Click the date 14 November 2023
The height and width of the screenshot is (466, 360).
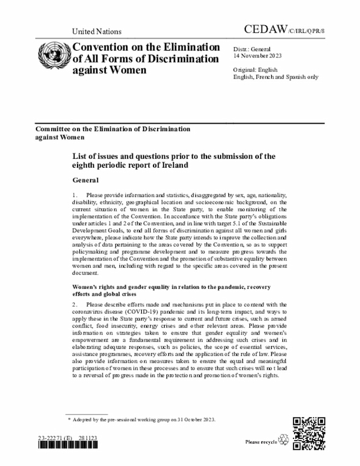(x=258, y=56)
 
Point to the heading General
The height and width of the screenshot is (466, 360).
(x=85, y=181)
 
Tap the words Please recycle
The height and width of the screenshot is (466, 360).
(x=261, y=442)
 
